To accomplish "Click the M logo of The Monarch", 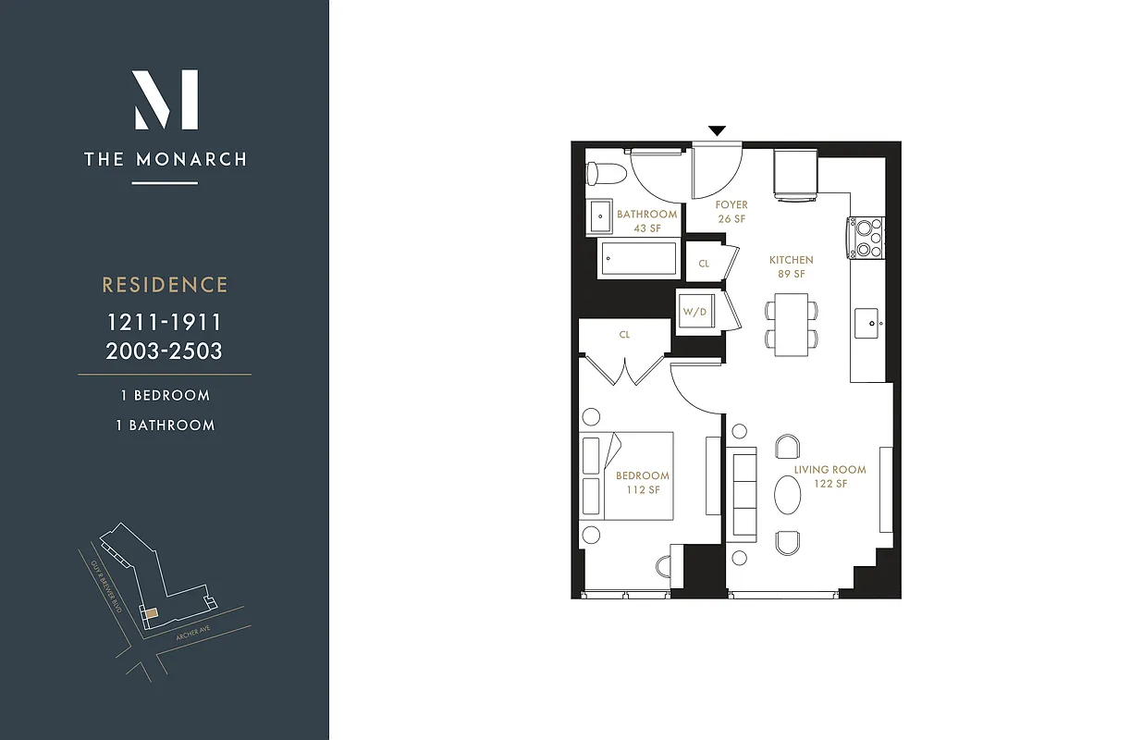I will click(166, 99).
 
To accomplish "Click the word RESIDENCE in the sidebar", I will click(165, 285).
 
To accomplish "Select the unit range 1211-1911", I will click(165, 323).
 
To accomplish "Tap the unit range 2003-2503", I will click(165, 351).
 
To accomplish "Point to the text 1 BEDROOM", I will click(165, 395).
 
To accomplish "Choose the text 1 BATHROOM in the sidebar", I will click(165, 425).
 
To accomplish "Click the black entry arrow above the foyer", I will click(717, 131).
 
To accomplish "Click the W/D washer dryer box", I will click(694, 312).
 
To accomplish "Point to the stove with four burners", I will click(867, 237).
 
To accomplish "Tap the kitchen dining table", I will click(792, 325).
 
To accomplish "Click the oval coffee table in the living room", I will click(788, 494).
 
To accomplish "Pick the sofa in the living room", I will click(744, 494).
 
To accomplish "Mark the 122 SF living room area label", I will click(829, 484).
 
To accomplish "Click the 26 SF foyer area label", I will click(731, 219).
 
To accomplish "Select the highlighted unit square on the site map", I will click(151, 611).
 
